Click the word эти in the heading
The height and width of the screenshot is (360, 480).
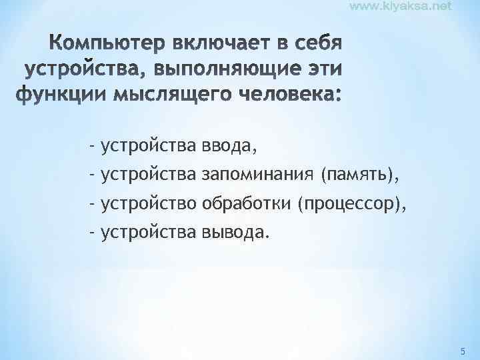click(x=319, y=70)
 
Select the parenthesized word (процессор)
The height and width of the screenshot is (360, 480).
click(x=352, y=203)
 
